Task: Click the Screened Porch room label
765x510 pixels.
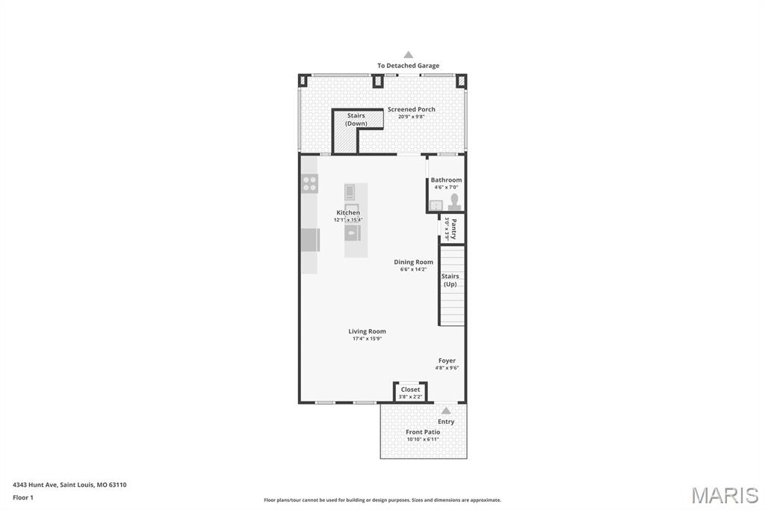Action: [x=411, y=109]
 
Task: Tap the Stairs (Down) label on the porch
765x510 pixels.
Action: [x=356, y=120]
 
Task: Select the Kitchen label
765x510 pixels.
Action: [x=348, y=212]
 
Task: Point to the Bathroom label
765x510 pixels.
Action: [x=446, y=179]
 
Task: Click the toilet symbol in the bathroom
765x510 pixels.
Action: [x=453, y=202]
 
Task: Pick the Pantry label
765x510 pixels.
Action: [x=453, y=228]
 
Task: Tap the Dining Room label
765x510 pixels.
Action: [x=413, y=262]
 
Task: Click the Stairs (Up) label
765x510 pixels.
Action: [x=450, y=280]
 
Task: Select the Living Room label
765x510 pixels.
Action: [x=367, y=331]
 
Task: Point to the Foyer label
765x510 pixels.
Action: [x=447, y=360]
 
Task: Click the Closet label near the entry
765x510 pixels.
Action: [x=410, y=389]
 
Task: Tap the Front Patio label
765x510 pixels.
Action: [x=423, y=431]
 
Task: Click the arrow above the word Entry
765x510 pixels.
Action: [x=446, y=411]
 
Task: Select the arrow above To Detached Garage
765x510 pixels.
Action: [x=408, y=55]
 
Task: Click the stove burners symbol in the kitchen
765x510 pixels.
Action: [x=309, y=183]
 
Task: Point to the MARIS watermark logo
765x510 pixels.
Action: [x=725, y=495]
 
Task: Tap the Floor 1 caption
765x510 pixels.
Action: [x=23, y=497]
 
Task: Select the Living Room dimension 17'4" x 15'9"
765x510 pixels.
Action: [x=367, y=339]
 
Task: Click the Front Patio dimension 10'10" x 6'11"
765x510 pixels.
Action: [x=423, y=440]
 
